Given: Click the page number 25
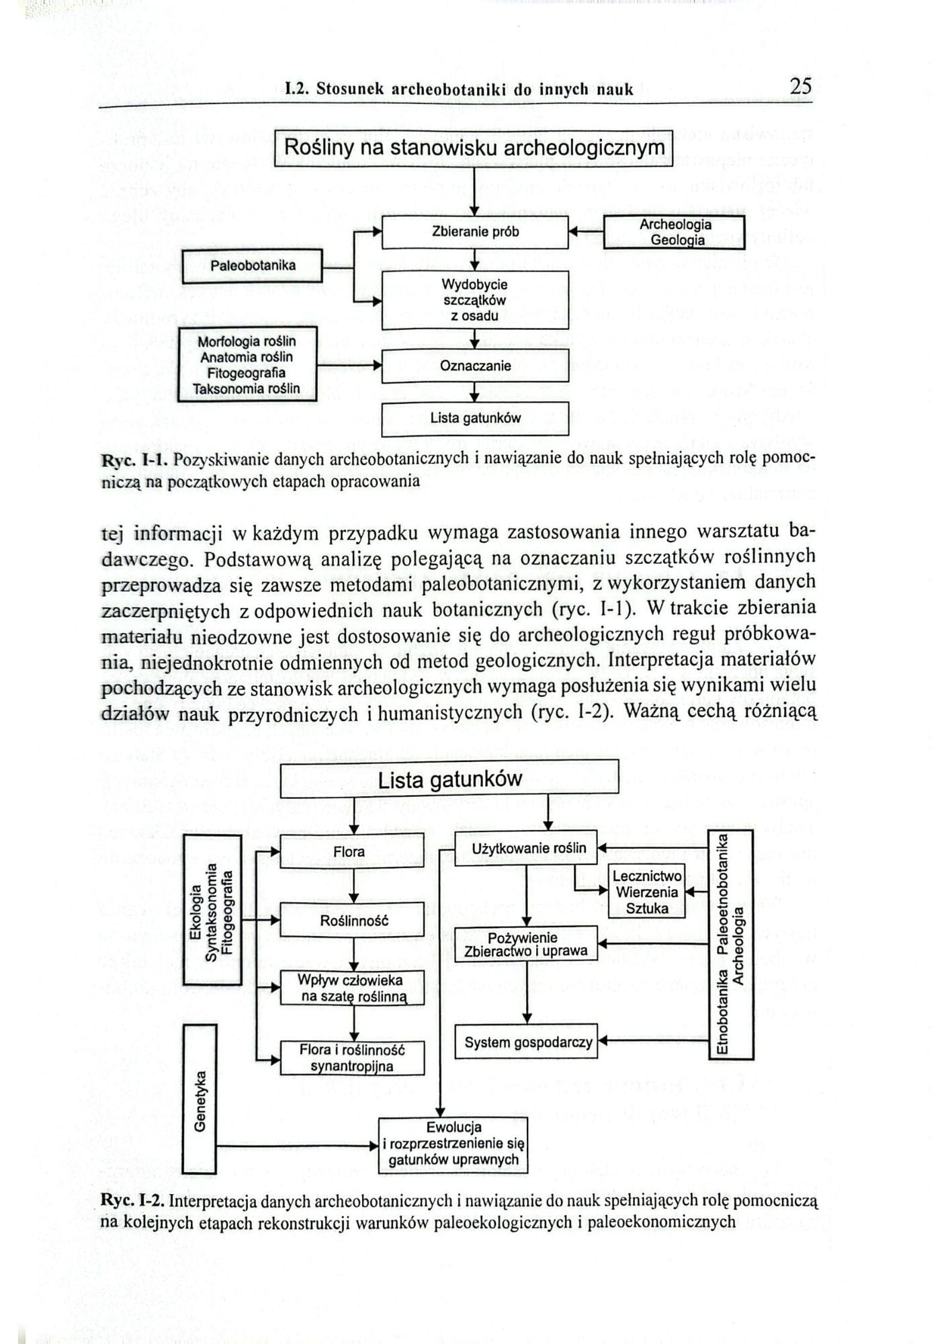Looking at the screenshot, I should tap(800, 87).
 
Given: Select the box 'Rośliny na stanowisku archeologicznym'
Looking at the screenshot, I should tap(474, 149).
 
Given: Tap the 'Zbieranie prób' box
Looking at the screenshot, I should tap(475, 232).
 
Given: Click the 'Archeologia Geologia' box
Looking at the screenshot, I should tap(675, 233).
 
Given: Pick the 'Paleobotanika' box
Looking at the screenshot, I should tap(253, 265).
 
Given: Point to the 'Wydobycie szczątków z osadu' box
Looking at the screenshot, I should tap(475, 300).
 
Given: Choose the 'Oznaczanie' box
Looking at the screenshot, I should tap(475, 366).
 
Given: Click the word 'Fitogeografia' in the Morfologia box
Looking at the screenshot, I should tap(246, 373).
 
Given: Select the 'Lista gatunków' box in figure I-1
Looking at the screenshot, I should tap(475, 418).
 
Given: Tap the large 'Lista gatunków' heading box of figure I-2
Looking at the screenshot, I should tap(449, 780).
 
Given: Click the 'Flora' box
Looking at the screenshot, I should tap(351, 851).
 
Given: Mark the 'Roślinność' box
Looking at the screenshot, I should tap(352, 920).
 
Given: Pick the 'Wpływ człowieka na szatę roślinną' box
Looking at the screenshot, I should tap(352, 988).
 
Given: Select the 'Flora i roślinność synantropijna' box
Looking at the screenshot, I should tap(352, 1058).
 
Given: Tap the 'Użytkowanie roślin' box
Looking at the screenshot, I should tap(527, 849).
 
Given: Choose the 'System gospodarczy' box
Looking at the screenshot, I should tap(527, 1042).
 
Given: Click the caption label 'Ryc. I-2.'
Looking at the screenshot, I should tap(133, 1200).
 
